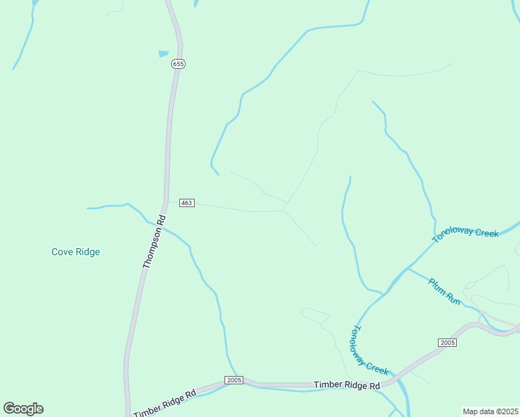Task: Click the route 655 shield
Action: (x=179, y=64)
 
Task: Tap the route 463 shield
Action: (x=186, y=202)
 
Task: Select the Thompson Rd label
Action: (x=154, y=241)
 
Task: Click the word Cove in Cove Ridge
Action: (x=63, y=252)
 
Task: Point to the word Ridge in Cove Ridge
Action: (x=88, y=252)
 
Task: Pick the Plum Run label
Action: (x=444, y=291)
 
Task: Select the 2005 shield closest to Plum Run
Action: (x=447, y=343)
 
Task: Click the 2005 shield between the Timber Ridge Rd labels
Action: (x=234, y=380)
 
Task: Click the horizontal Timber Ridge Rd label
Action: (x=347, y=385)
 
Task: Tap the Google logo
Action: (x=23, y=409)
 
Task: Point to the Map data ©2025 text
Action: (x=490, y=411)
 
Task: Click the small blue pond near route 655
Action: (x=163, y=54)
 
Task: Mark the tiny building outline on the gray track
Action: (x=264, y=192)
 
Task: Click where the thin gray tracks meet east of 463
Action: (x=282, y=210)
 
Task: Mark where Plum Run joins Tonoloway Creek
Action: (x=408, y=268)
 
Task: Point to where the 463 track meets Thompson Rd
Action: (x=166, y=202)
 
